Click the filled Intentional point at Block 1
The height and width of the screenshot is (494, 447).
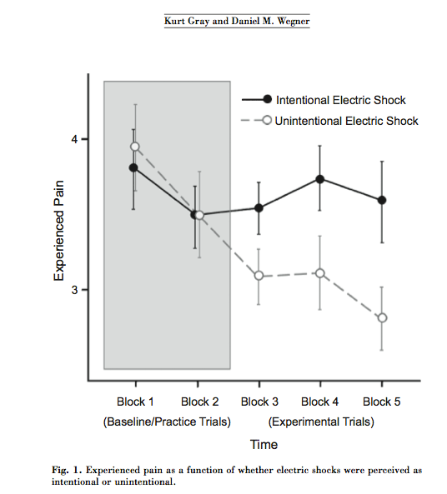[x=133, y=167]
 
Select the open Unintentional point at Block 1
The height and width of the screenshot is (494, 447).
[x=135, y=147]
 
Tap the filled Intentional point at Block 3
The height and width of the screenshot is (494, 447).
[x=259, y=208]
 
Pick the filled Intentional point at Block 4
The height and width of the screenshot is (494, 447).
[x=320, y=179]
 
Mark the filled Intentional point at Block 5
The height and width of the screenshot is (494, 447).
[x=382, y=200]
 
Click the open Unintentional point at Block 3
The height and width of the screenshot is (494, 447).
[x=259, y=276]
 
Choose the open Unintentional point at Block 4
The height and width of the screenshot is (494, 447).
[x=320, y=273]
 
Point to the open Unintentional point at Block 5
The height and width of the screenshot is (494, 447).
[x=382, y=318]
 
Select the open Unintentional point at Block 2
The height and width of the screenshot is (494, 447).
[x=199, y=215]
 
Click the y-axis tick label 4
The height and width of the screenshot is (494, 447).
[x=74, y=139]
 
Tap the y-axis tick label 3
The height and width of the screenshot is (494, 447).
[x=74, y=290]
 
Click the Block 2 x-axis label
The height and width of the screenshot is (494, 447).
[x=199, y=402]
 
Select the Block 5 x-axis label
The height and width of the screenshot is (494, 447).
[x=381, y=402]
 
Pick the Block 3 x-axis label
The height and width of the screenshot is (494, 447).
[x=259, y=402]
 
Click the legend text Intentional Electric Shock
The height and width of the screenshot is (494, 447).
[x=341, y=100]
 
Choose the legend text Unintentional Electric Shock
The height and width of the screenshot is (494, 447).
[x=346, y=121]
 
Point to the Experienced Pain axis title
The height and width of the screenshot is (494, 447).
[x=59, y=231]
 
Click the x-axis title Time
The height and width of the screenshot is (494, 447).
[x=264, y=445]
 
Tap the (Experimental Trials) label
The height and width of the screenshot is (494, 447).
[x=321, y=422]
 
